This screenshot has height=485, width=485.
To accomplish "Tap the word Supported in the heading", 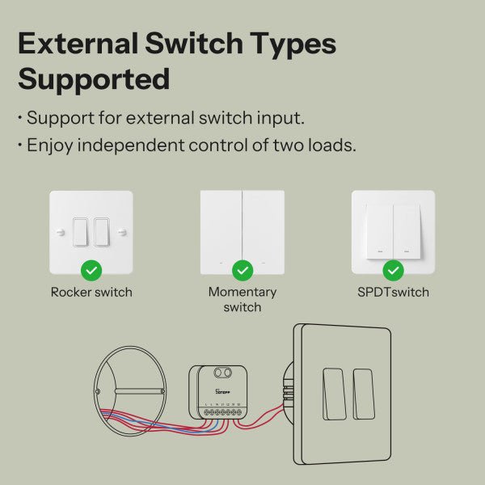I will click(94, 79).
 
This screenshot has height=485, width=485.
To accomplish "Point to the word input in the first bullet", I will click(280, 117).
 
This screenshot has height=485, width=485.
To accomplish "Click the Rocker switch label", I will click(91, 292).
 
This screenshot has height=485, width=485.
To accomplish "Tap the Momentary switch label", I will click(242, 299).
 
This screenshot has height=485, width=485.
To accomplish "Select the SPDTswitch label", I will click(393, 292).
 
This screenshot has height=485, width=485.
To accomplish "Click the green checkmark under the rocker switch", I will click(91, 269).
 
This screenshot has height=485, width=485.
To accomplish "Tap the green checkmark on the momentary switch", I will click(242, 269).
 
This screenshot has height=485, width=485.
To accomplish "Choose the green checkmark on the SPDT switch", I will click(393, 269).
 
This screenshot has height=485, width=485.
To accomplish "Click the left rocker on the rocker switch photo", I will click(81, 232).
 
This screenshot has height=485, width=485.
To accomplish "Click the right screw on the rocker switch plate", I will click(122, 232).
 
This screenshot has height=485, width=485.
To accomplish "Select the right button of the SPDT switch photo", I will click(406, 230).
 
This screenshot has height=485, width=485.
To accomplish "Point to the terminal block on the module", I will click(223, 412).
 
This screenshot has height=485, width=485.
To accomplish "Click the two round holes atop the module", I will click(230, 374).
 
